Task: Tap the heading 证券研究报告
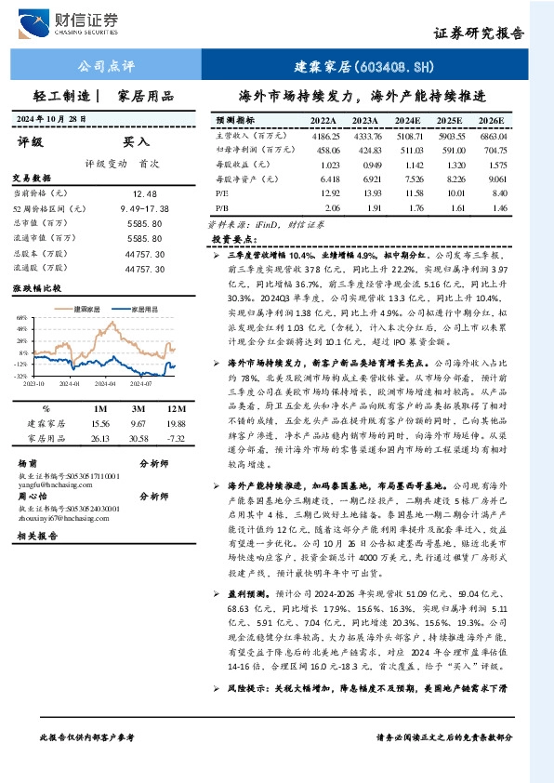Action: click(478, 33)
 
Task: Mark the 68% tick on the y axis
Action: click(22, 317)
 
